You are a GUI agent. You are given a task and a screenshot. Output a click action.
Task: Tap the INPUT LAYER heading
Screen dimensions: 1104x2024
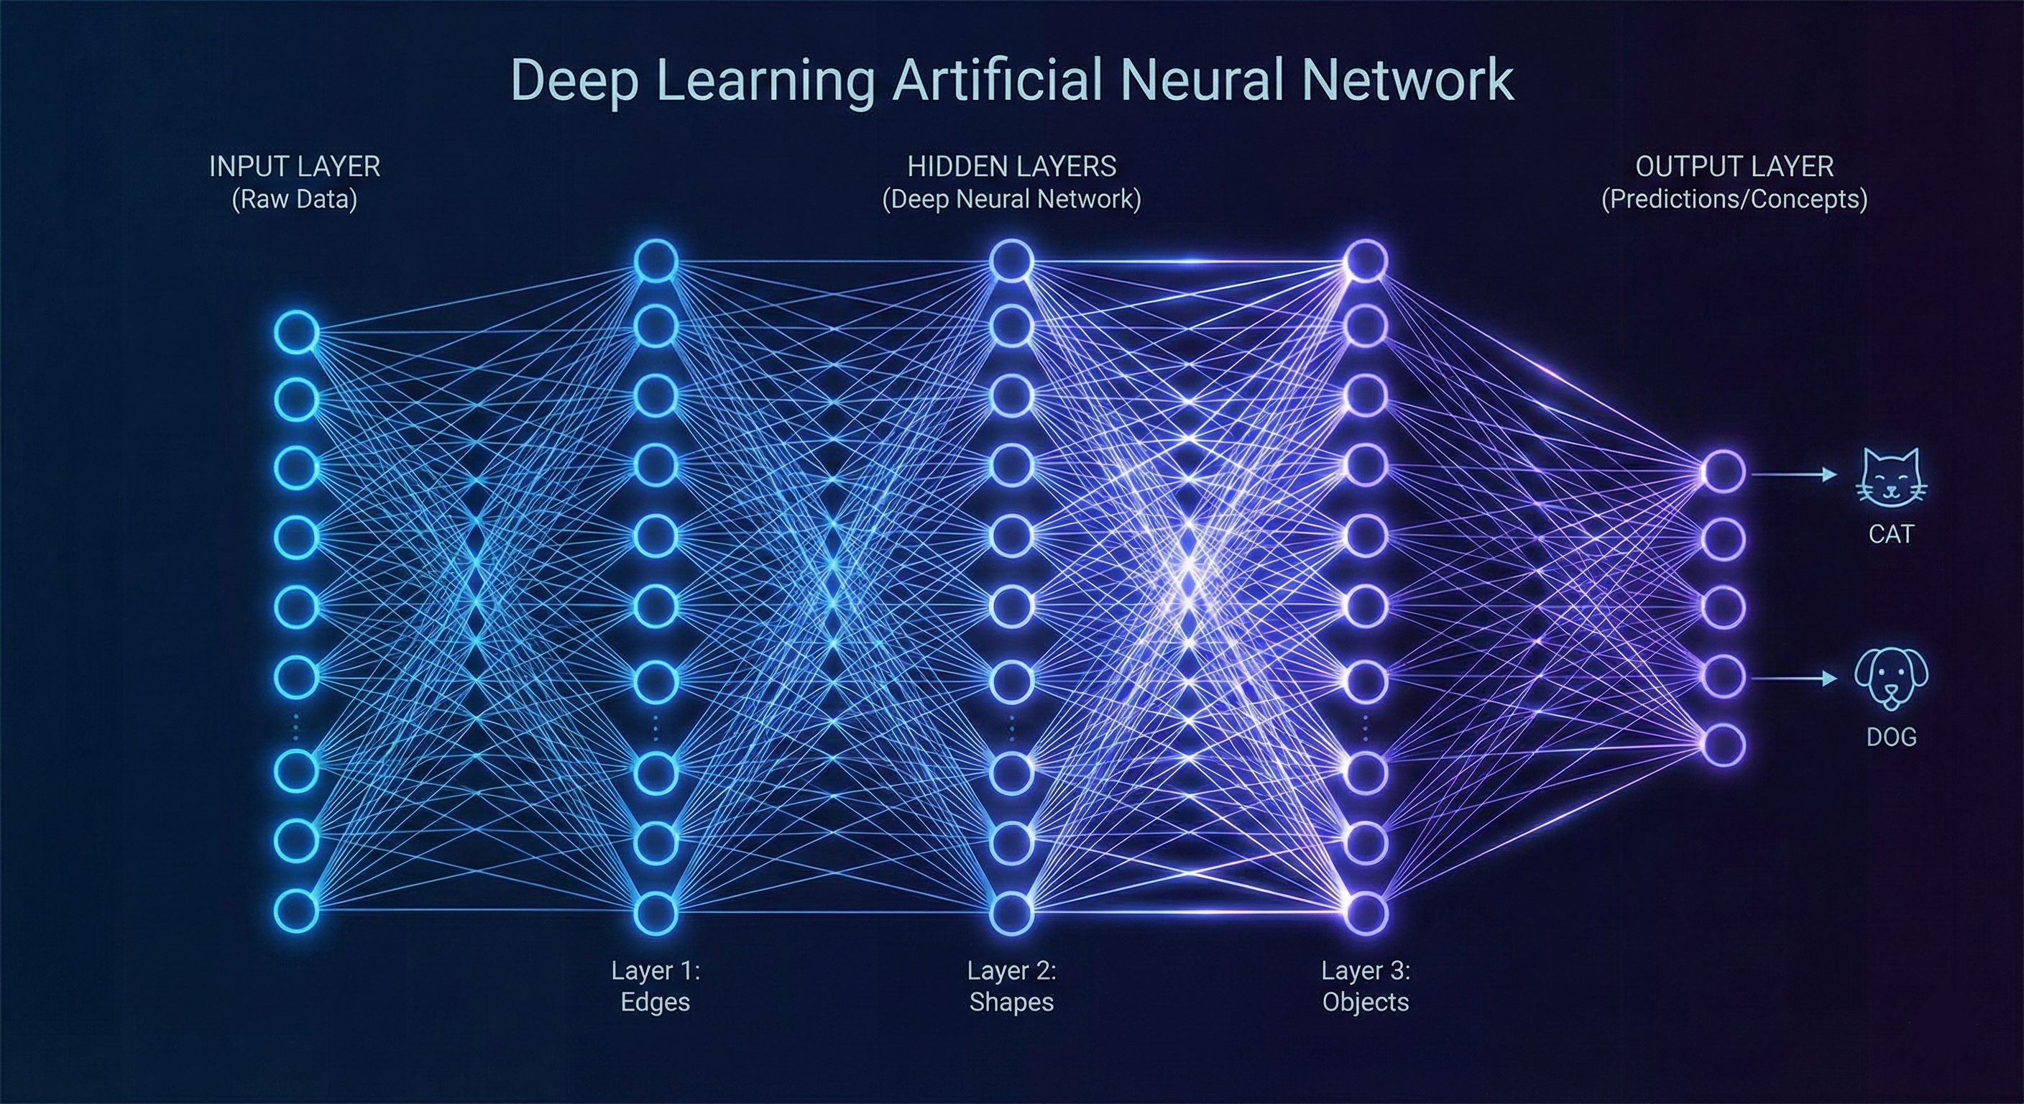click(295, 167)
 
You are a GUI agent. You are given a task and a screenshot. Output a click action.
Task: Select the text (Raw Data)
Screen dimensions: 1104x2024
click(295, 200)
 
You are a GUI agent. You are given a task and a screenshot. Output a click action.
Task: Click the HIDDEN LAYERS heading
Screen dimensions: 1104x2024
click(1011, 167)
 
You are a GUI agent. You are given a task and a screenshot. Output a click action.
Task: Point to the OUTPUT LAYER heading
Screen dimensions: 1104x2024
click(1734, 167)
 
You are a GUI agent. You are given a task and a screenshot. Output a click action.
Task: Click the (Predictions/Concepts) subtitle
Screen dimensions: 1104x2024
click(1734, 200)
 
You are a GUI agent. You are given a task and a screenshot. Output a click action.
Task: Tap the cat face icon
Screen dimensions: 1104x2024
click(1890, 477)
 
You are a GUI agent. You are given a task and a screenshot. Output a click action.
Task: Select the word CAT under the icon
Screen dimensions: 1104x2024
click(1890, 534)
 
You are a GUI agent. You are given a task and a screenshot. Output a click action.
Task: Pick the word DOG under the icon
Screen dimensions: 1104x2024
click(1890, 737)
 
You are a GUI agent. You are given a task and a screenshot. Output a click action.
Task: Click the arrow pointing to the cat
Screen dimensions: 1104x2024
click(1795, 474)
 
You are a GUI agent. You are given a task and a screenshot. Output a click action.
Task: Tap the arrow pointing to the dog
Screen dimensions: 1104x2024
click(1795, 677)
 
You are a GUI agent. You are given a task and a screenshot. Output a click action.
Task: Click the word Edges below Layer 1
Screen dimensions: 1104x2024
click(655, 1002)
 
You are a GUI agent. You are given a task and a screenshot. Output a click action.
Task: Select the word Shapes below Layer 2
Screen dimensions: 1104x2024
click(1011, 1002)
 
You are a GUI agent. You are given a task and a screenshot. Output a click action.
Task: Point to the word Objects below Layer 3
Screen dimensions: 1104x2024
click(1366, 1002)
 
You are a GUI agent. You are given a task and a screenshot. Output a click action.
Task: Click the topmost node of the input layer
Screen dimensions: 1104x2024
click(296, 332)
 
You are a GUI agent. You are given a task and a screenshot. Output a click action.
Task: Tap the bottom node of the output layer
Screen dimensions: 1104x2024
click(1723, 744)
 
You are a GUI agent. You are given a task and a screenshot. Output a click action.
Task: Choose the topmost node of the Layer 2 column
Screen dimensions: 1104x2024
click(1011, 261)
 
